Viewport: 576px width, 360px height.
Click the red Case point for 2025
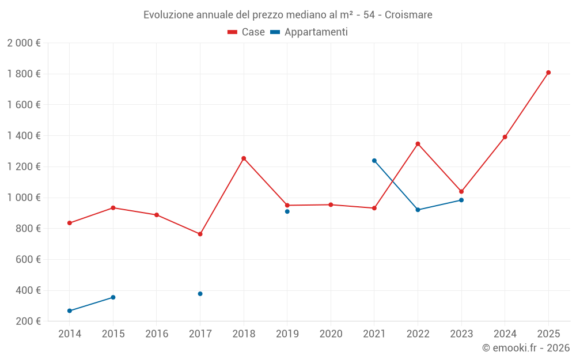tap(548, 73)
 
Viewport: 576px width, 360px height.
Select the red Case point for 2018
tap(244, 158)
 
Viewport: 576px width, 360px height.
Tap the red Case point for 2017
tap(200, 234)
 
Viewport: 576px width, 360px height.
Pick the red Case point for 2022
tap(418, 144)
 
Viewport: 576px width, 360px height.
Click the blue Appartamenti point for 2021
tap(374, 161)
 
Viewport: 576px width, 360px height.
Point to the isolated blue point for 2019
tap(287, 211)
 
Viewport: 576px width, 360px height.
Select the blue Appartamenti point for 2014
tap(70, 311)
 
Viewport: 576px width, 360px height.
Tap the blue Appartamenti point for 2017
tap(200, 294)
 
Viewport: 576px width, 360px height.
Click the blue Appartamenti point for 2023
tap(461, 200)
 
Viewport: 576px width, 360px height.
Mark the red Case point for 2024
tap(505, 137)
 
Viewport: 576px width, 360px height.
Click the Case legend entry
tap(247, 32)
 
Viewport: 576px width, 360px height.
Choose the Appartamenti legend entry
tap(309, 32)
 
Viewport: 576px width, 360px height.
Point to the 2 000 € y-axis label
tap(24, 43)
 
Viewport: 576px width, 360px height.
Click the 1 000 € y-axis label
tap(24, 198)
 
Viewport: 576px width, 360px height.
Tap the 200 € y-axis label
tap(27, 321)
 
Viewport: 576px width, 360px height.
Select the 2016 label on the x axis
tap(157, 334)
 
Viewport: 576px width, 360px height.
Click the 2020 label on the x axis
tap(331, 334)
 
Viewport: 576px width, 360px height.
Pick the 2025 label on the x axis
tap(548, 334)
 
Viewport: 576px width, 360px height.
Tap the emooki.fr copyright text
tap(526, 348)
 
